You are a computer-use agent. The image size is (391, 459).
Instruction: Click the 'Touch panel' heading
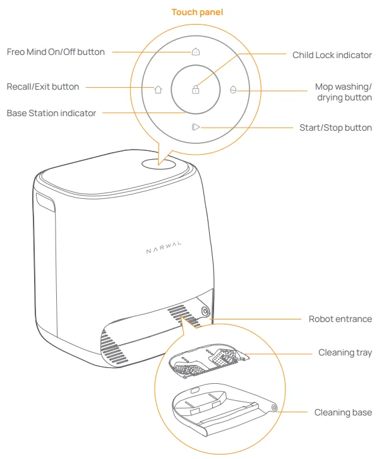click(x=196, y=12)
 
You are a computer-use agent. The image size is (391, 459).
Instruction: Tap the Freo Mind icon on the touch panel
click(x=196, y=52)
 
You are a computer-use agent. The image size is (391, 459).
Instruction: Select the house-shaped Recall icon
click(x=158, y=89)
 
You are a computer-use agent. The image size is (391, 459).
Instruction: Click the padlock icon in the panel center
click(x=196, y=90)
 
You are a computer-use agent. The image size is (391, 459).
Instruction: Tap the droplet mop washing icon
click(x=233, y=90)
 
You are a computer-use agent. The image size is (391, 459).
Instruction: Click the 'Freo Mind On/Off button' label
click(x=56, y=52)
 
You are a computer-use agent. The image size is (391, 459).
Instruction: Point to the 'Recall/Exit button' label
click(x=43, y=86)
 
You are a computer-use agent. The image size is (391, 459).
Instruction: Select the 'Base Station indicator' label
click(x=51, y=113)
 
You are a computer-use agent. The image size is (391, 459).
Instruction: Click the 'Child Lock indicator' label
click(x=332, y=55)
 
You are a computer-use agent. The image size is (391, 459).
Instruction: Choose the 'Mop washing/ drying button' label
click(x=343, y=92)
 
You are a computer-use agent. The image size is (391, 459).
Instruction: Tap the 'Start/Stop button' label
click(x=335, y=128)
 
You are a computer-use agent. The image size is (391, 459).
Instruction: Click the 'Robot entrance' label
click(x=340, y=319)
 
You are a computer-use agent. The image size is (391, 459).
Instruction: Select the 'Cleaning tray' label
click(x=345, y=352)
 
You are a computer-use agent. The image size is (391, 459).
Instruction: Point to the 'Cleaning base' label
click(x=343, y=412)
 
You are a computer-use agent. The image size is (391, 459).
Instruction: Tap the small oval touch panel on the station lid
click(x=159, y=163)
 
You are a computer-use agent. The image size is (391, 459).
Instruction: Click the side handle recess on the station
click(x=45, y=203)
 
